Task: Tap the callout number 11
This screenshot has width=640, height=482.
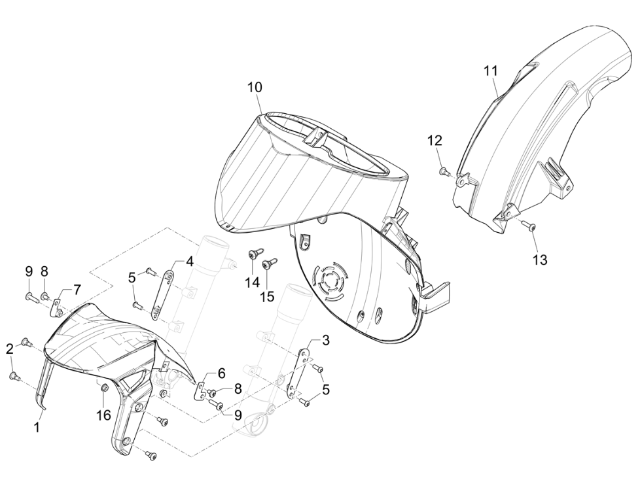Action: [x=491, y=71]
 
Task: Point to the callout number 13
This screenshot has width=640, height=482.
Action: [x=540, y=260]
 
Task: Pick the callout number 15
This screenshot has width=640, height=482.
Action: [x=268, y=297]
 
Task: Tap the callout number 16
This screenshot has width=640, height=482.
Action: [x=103, y=415]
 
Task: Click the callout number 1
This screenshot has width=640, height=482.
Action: [x=37, y=427]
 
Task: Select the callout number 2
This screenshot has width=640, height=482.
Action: [x=10, y=349]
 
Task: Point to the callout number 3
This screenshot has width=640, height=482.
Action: [x=325, y=340]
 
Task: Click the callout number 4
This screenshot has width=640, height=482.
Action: [x=190, y=262]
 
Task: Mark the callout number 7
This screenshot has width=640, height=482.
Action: [x=77, y=290]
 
